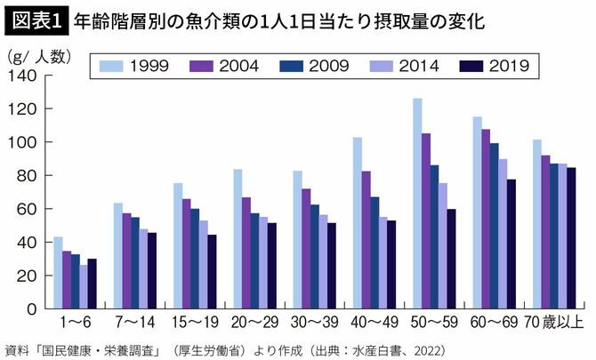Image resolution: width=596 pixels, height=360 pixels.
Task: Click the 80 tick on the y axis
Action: (x=27, y=176)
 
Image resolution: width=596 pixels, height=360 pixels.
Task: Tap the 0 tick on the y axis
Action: (x=31, y=308)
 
